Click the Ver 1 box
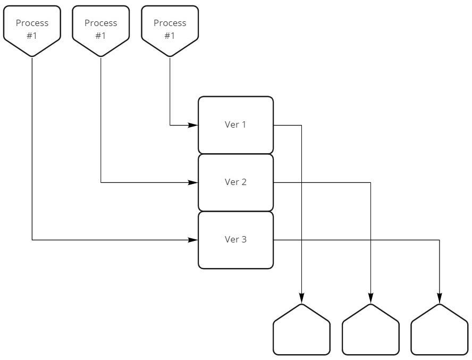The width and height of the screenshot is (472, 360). click(235, 125)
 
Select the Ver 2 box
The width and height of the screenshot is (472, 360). click(235, 182)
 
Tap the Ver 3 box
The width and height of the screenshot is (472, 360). click(235, 240)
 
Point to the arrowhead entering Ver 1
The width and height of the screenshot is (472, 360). click(195, 125)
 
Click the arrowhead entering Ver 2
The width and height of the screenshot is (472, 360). click(195, 183)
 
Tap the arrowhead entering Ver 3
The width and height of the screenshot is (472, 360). click(195, 240)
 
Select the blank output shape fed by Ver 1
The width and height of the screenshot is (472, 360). click(302, 332)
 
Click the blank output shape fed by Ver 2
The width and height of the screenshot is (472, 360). click(370, 332)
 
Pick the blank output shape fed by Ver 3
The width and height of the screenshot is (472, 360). click(440, 332)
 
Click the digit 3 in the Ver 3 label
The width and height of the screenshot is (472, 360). click(244, 240)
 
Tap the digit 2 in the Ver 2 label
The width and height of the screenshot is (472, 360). click(244, 182)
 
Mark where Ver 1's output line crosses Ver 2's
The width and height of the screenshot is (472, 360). click(302, 183)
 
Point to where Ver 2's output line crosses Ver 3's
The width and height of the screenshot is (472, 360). click(370, 240)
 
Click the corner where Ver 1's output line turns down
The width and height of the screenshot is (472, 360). click(302, 125)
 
